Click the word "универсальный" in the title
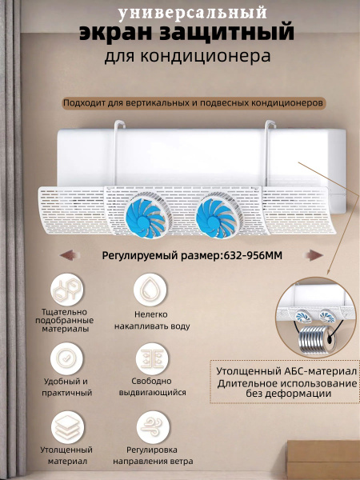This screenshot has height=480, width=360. [193, 14]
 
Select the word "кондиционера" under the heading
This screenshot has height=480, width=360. [206, 56]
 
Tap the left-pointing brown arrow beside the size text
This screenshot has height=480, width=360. [68, 255]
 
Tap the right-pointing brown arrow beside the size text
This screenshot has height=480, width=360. [314, 255]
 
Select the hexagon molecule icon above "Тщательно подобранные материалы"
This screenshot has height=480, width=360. [66, 290]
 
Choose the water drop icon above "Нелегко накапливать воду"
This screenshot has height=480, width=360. [150, 290]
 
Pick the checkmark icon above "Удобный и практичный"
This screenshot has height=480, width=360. [66, 358]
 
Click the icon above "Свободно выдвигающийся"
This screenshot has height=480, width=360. [152, 358]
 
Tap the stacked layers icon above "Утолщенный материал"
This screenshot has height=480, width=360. [67, 427]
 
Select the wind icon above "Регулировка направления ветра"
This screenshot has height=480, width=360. [153, 427]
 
